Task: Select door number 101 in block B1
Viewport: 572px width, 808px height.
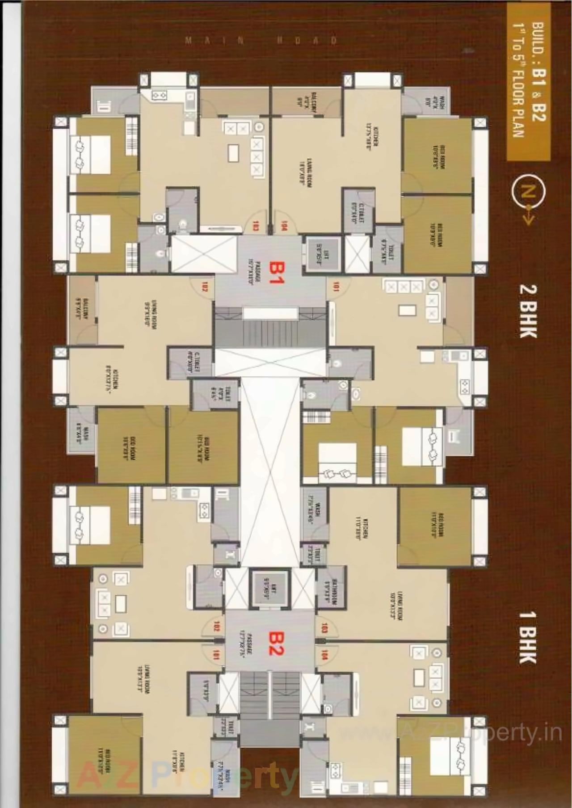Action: click(x=335, y=286)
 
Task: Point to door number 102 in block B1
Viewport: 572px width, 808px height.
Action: click(x=205, y=286)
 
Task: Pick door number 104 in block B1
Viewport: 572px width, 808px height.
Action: click(x=283, y=226)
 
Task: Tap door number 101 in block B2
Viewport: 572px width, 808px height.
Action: click(x=217, y=655)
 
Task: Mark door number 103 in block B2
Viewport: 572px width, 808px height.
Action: click(x=324, y=627)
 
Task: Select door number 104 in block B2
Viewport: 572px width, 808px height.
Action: click(x=324, y=655)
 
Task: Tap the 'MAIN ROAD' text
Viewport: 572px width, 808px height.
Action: click(x=261, y=41)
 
